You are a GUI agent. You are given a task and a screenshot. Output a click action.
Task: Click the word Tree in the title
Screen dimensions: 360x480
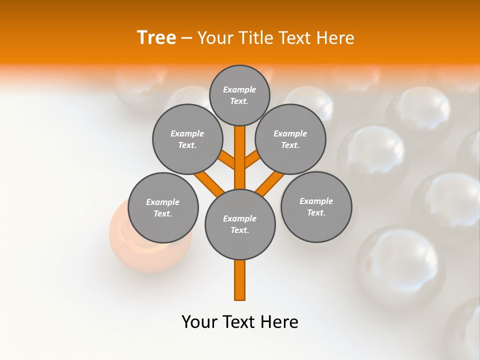[x=156, y=38]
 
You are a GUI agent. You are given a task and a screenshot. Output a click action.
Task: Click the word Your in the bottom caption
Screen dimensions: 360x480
[x=199, y=322]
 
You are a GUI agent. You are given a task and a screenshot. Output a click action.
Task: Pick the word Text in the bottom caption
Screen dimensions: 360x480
[x=240, y=322]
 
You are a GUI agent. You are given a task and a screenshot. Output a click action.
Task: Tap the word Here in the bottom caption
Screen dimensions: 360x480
[x=280, y=322]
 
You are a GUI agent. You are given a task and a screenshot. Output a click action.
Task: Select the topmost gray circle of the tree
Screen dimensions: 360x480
[x=239, y=95]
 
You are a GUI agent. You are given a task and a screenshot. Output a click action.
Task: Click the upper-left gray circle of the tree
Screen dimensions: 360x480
[x=187, y=139]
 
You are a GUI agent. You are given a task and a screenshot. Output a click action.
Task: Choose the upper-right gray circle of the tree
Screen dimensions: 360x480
[x=290, y=139]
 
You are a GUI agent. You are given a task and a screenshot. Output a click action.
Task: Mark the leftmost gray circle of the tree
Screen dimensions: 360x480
[x=163, y=207]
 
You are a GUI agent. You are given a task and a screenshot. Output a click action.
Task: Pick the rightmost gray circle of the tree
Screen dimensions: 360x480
[x=316, y=206]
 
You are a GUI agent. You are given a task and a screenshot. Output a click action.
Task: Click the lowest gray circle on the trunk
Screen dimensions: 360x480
[x=240, y=224]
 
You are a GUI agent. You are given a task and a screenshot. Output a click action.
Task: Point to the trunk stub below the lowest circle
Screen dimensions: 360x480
[x=240, y=280]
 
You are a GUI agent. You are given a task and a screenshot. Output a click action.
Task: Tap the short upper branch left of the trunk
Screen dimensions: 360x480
[x=227, y=160]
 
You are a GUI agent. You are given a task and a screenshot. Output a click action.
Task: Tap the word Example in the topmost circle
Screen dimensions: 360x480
[x=239, y=89]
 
